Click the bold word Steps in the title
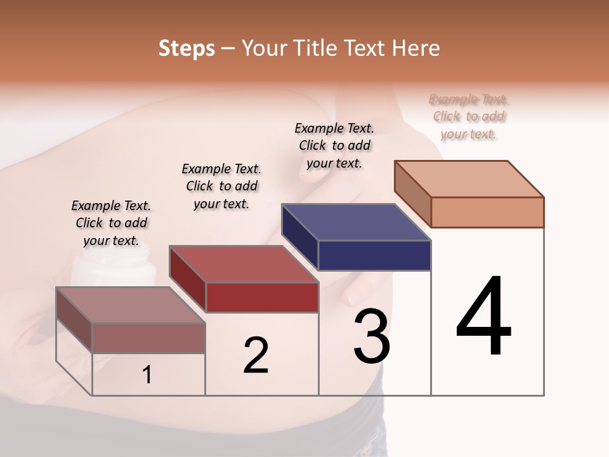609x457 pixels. (x=187, y=48)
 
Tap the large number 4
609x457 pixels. (x=483, y=317)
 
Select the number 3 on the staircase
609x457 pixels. (x=371, y=336)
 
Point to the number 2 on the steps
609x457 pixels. (x=256, y=355)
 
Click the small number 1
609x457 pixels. (x=147, y=374)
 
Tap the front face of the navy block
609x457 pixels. (x=374, y=256)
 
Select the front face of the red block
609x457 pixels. (x=262, y=297)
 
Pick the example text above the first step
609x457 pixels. (x=111, y=223)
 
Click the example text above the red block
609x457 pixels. (x=221, y=186)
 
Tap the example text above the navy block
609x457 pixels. (x=334, y=145)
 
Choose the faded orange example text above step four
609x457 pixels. (x=469, y=116)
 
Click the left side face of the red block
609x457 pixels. (x=187, y=279)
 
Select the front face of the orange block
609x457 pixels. (x=487, y=212)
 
